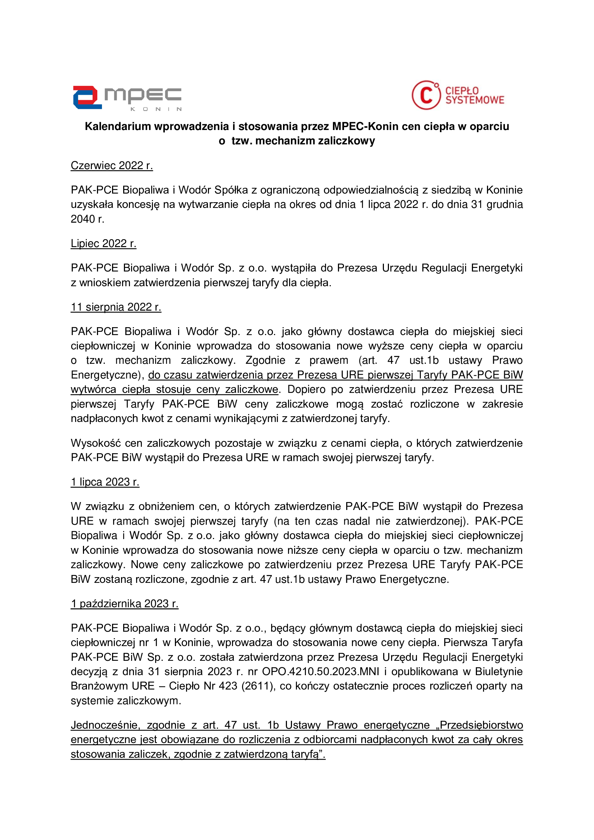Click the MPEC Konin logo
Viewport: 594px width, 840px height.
click(126, 98)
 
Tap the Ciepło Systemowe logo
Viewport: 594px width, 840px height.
click(458, 95)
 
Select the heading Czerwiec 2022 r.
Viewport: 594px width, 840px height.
click(112, 166)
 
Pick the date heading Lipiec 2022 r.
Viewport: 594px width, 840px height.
click(103, 243)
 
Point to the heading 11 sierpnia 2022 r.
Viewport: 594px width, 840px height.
click(116, 307)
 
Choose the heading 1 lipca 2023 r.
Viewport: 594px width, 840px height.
click(105, 482)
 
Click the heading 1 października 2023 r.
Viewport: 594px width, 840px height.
click(124, 604)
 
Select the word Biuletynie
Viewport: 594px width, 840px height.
click(499, 671)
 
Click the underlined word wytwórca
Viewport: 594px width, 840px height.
click(94, 389)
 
